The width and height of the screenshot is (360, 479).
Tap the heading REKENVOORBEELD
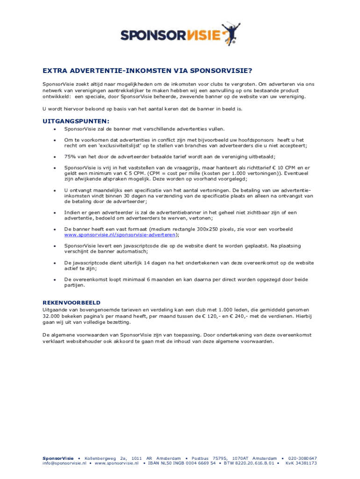point(72,302)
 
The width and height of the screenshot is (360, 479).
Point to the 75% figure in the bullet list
point(71,157)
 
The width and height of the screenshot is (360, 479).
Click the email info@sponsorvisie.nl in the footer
point(65,463)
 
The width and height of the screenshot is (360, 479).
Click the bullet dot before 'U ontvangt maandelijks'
point(55,190)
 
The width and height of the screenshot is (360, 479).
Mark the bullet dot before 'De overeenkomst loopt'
point(55,279)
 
